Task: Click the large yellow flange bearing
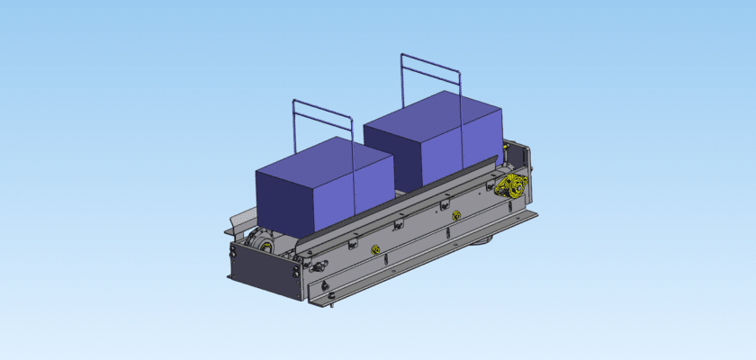(510, 189)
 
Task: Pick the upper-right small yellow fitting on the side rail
(456, 214)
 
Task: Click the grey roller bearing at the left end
(260, 242)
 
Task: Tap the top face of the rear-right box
(432, 108)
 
